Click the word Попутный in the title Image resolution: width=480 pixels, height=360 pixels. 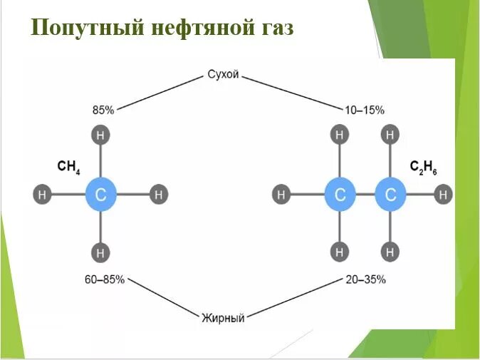pos(85,29)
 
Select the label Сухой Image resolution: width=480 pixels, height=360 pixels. pos(223,74)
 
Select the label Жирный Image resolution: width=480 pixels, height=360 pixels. pos(223,318)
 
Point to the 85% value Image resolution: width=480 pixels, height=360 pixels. pos(103,110)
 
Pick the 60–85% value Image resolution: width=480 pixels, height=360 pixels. pos(104,279)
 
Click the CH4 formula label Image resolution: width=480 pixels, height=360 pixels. pos(68,167)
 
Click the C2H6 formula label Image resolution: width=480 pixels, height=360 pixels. pos(424,167)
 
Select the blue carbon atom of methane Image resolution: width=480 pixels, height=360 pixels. pos(100,194)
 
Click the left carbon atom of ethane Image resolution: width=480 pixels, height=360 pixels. pos(340,194)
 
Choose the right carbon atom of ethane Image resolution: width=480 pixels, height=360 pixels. pos(390,194)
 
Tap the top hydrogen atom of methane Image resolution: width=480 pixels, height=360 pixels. pos(100,134)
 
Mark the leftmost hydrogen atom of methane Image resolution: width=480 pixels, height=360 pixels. pos(42,194)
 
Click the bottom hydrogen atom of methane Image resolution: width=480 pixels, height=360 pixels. pos(100,252)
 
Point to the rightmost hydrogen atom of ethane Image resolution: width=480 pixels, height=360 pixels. pos(444,194)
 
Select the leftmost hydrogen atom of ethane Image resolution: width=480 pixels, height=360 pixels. pos(282,194)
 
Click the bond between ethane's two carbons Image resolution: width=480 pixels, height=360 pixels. pos(365,194)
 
